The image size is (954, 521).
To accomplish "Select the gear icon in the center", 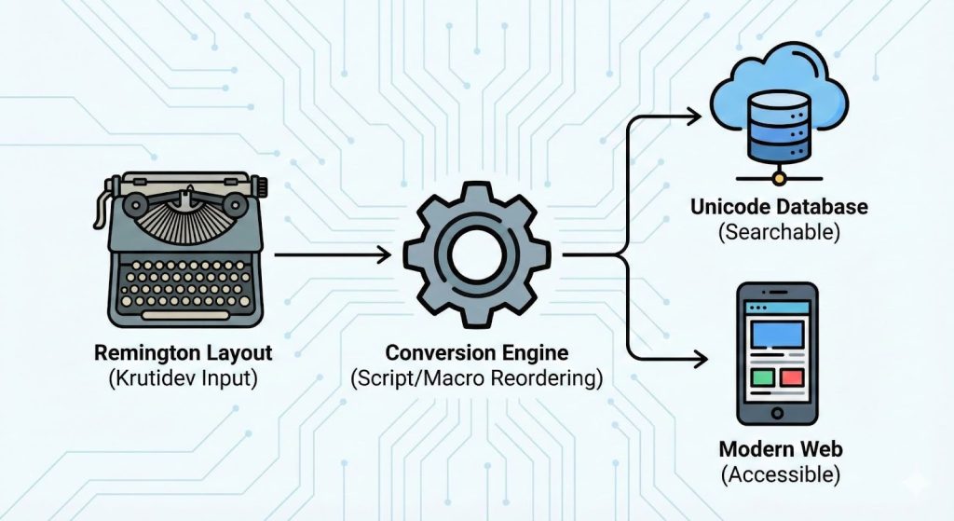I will [477, 253].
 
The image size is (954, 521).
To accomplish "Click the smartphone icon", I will [777, 353].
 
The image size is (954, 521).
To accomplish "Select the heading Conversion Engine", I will [476, 355].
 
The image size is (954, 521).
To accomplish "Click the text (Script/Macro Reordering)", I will [476, 379].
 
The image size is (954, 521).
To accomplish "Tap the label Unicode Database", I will [779, 206].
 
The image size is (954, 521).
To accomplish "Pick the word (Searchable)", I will [779, 231].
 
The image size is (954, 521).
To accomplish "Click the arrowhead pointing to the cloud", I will [693, 116].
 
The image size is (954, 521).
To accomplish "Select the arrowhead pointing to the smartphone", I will [693, 355].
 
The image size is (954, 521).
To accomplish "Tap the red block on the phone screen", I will [793, 378].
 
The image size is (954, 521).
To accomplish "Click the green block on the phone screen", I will [762, 378].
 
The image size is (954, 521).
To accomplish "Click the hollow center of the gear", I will [477, 253].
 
